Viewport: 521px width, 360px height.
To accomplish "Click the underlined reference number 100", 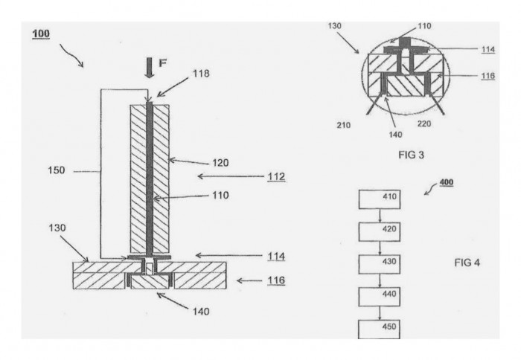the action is pyautogui.click(x=41, y=34).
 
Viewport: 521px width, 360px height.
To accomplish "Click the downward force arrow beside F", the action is pyautogui.click(x=150, y=68).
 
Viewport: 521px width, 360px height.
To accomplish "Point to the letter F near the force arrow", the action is pyautogui.click(x=162, y=62).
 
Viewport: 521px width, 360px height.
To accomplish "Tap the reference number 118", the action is pyautogui.click(x=201, y=74).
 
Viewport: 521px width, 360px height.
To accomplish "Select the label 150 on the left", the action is pyautogui.click(x=57, y=170).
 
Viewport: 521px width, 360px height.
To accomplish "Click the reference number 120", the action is pyautogui.click(x=220, y=163).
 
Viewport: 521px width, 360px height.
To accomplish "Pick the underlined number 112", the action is pyautogui.click(x=276, y=177).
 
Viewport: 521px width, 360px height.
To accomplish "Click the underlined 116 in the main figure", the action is pyautogui.click(x=276, y=280).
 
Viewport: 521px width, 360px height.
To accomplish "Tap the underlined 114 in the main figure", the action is pyautogui.click(x=276, y=257).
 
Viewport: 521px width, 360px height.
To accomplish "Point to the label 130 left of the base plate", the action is pyautogui.click(x=57, y=228).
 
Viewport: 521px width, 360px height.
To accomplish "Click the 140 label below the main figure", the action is pyautogui.click(x=201, y=312).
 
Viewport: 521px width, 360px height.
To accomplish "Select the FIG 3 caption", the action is pyautogui.click(x=412, y=155).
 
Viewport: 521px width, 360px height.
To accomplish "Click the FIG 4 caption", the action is pyautogui.click(x=467, y=263).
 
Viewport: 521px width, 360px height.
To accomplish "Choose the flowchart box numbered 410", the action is pyautogui.click(x=380, y=199).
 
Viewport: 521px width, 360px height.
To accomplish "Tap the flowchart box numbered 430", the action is pyautogui.click(x=380, y=264).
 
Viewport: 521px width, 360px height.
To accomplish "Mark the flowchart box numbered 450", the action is pyautogui.click(x=379, y=329).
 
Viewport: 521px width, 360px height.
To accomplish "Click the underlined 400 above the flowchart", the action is pyautogui.click(x=447, y=183).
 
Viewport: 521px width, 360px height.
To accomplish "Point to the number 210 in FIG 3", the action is pyautogui.click(x=344, y=125).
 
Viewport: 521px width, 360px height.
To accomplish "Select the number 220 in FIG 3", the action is pyautogui.click(x=424, y=124).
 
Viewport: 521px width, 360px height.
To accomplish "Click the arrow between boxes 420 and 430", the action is pyautogui.click(x=380, y=248).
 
